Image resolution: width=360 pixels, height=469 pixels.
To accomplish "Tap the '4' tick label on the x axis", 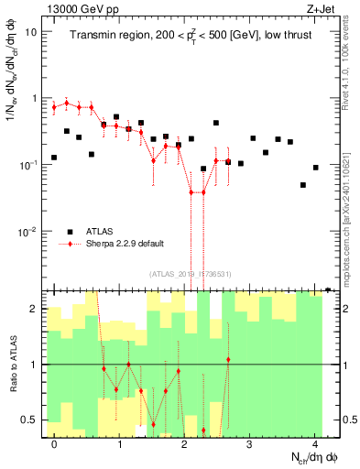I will click(315, 445).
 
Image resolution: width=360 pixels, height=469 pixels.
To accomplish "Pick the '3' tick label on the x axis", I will click(250, 445).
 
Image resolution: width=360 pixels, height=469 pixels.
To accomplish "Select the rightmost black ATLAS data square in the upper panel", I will click(315, 168).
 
